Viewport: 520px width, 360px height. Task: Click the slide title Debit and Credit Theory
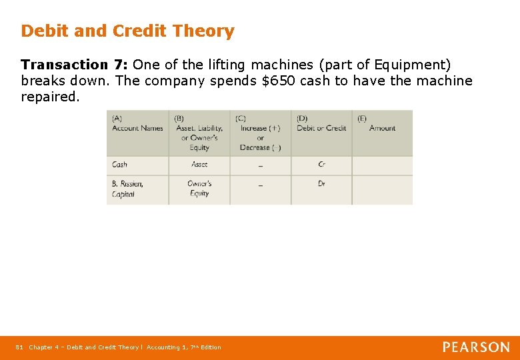127,31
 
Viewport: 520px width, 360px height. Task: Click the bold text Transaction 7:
75,65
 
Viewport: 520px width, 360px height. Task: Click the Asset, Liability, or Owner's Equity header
199,133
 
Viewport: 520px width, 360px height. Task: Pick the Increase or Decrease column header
260,133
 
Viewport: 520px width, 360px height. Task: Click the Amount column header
382,128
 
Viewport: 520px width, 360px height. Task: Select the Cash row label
120,165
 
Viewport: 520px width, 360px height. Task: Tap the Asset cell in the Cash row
199,165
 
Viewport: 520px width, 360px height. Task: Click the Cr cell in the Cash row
322,165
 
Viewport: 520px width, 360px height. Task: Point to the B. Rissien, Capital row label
127,189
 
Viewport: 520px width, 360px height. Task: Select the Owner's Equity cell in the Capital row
199,189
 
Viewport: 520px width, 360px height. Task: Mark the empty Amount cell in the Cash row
382,165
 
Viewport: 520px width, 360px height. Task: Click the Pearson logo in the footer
476,347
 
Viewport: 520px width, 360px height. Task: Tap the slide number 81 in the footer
19,347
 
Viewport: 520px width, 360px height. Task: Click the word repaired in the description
50,97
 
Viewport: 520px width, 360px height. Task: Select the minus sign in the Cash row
260,165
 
